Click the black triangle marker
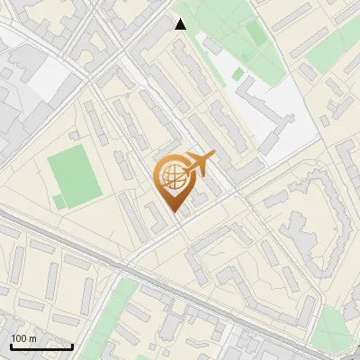click(180, 24)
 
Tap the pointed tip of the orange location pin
click(174, 213)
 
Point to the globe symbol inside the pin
click(171, 176)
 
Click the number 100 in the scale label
click(19, 338)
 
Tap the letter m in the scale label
click(32, 338)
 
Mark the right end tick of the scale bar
click(72, 346)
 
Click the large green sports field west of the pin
click(73, 176)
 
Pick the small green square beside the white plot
click(238, 74)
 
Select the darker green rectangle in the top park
click(256, 34)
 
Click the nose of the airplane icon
click(214, 157)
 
